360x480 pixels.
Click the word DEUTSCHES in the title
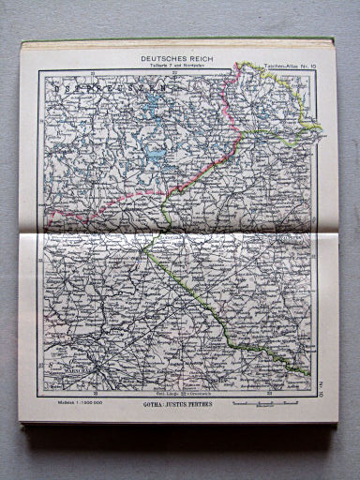(x=158, y=58)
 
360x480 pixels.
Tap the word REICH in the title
(x=201, y=58)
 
